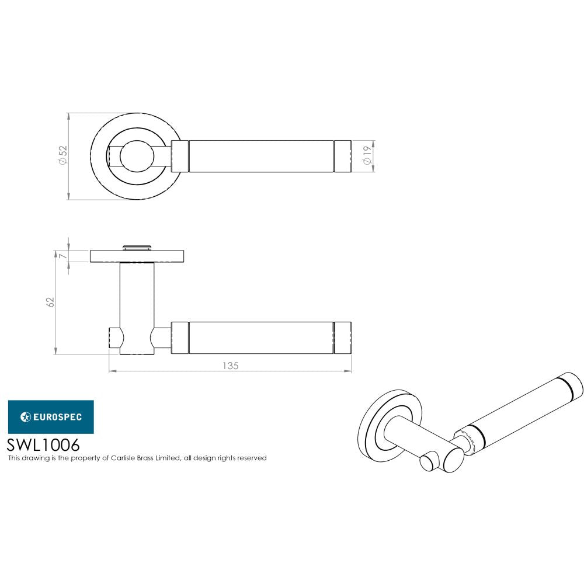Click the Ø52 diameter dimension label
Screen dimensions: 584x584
pyautogui.click(x=63, y=156)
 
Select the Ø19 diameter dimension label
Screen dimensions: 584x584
pyautogui.click(x=367, y=156)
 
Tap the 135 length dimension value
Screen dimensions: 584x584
pyautogui.click(x=231, y=366)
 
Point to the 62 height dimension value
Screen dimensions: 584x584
pyautogui.click(x=50, y=302)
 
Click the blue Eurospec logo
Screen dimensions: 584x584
pyautogui.click(x=50, y=416)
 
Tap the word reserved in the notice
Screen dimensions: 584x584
pyautogui.click(x=251, y=458)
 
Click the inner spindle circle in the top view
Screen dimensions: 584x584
pyautogui.click(x=138, y=156)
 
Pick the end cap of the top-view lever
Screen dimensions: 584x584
pyautogui.click(x=342, y=156)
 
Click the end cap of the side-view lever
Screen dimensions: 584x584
pyautogui.click(x=342, y=337)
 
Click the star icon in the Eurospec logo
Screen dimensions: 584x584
pyautogui.click(x=26, y=416)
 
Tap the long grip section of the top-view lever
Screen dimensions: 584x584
pyautogui.click(x=262, y=156)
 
